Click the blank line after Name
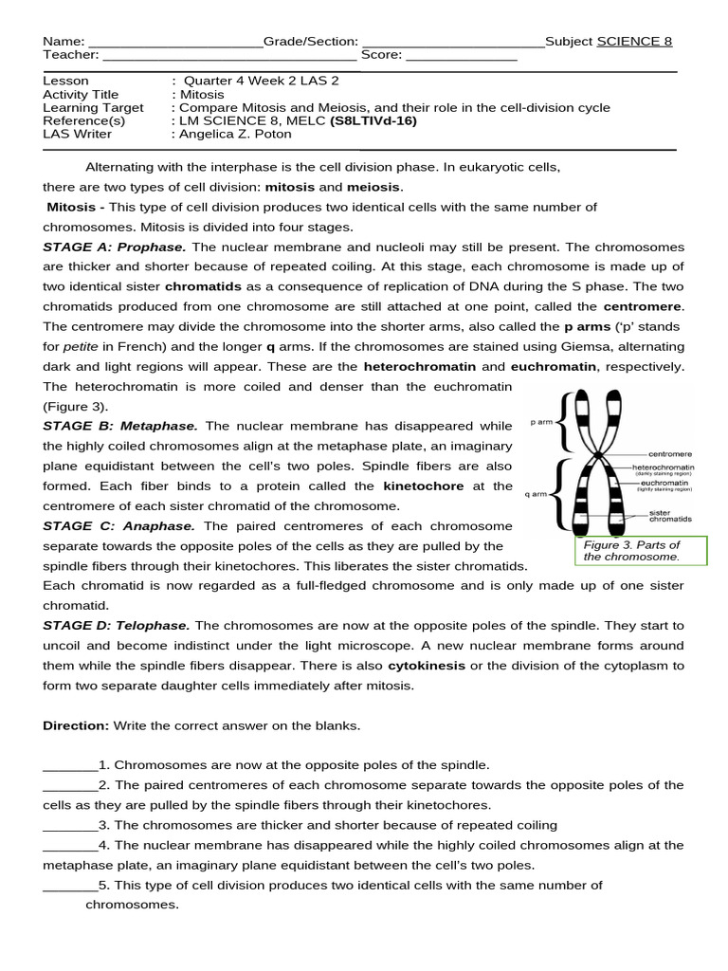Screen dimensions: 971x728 click(x=174, y=43)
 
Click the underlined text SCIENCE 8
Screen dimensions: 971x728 click(x=634, y=42)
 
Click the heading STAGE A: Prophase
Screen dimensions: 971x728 click(x=115, y=247)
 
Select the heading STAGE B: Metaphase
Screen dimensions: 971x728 click(x=120, y=426)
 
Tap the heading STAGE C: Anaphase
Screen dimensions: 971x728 click(x=118, y=525)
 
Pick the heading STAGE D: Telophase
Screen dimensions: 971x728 click(x=117, y=625)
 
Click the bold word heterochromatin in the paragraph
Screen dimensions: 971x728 click(x=421, y=366)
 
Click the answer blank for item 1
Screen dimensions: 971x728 click(x=70, y=766)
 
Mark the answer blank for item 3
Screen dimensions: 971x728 click(x=70, y=826)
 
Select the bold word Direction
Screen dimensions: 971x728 click(x=76, y=725)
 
